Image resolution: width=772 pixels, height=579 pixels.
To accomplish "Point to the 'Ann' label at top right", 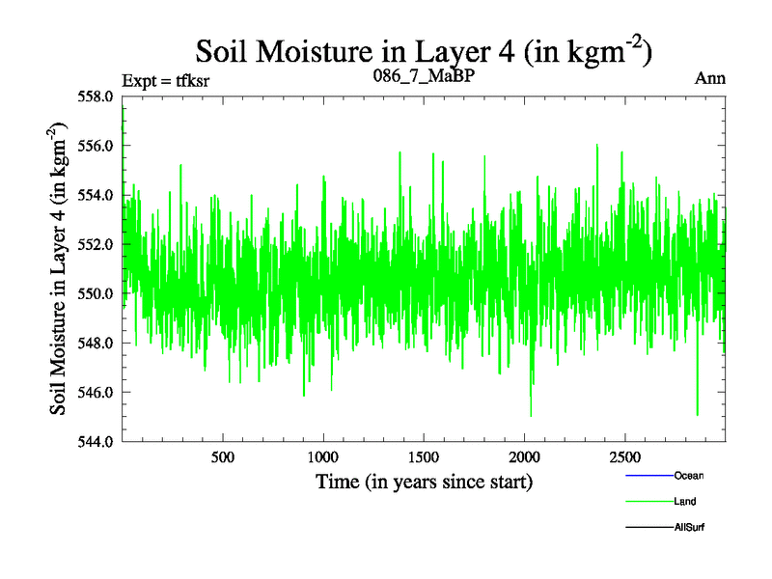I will pos(711,79).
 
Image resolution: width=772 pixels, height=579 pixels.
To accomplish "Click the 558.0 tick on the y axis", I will pos(98,96).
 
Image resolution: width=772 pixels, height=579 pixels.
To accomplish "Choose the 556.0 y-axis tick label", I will pos(98,146).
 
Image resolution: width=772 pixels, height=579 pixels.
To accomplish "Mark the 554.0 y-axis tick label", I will pos(98,195).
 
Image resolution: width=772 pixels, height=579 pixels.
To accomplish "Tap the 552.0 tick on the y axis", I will pos(98,244).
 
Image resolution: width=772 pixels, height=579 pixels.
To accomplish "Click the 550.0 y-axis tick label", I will pos(98,293).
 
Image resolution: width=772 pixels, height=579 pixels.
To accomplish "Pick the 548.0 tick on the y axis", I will pos(98,343).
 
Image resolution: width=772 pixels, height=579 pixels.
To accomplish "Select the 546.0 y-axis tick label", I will pos(98,392).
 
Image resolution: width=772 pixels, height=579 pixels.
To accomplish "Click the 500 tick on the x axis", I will pos(223,456).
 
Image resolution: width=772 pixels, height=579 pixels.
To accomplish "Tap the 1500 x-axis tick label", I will pos(424,456).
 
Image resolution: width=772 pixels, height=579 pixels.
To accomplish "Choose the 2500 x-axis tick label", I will pos(624,456).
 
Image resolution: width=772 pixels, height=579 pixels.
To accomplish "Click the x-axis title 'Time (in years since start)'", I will pos(424,481).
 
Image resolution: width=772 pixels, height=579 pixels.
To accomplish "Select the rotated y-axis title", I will pos(60,268).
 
